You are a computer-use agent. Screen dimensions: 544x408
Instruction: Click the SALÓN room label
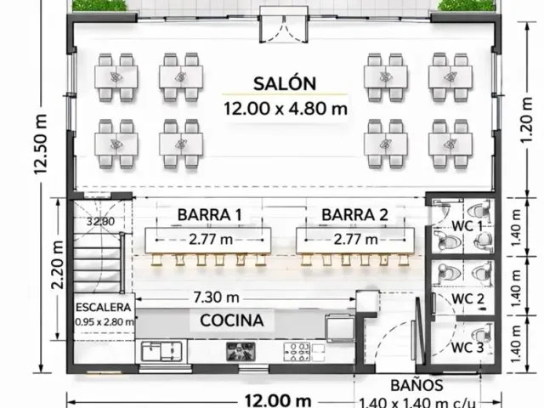point(285,83)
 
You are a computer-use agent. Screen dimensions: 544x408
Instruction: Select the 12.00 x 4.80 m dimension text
point(286,109)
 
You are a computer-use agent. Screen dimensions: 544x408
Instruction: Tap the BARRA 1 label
point(210,215)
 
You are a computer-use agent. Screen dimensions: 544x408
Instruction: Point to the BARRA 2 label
point(354,215)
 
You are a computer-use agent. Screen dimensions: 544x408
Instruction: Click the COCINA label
point(232,320)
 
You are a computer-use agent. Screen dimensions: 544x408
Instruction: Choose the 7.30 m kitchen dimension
point(216,297)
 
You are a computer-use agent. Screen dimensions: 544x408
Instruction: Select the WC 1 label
point(467,226)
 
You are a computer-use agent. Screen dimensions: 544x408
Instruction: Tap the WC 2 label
point(467,298)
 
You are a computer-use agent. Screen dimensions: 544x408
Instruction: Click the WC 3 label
point(467,348)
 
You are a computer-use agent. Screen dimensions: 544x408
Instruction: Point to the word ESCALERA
point(104,308)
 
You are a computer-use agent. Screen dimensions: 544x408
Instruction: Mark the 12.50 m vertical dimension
point(40,144)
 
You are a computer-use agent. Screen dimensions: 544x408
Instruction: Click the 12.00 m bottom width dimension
point(278,400)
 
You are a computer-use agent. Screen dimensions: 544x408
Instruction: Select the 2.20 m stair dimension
point(58,264)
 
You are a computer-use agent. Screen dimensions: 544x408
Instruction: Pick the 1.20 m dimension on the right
point(527,120)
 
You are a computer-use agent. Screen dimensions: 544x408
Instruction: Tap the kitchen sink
point(161,351)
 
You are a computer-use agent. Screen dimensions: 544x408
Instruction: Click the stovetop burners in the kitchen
point(297,352)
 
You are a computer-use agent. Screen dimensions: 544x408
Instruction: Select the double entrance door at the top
point(284,29)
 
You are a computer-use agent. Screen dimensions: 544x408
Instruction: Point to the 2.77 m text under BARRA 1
point(211,240)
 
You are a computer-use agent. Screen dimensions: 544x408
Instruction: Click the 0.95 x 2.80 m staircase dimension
point(105,322)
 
